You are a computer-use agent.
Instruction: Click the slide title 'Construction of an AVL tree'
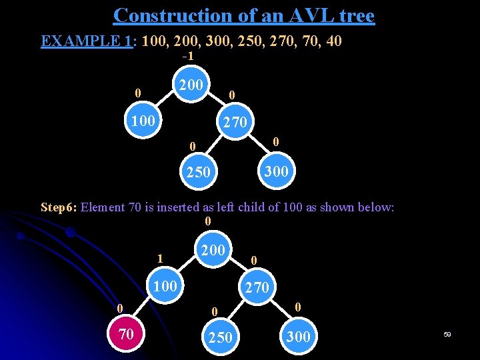click(243, 15)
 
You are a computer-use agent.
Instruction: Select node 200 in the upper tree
click(191, 85)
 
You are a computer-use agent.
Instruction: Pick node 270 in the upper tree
click(235, 122)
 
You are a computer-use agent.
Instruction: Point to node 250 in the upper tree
click(198, 172)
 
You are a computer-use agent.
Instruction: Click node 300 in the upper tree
click(275, 171)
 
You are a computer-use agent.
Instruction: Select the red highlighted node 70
click(126, 333)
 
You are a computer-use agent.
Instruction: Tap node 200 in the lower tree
click(213, 250)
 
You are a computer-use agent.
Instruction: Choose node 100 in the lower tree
click(165, 286)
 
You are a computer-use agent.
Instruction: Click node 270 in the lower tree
click(257, 287)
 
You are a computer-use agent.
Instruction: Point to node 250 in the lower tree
click(219, 337)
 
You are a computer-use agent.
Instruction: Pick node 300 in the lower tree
click(297, 337)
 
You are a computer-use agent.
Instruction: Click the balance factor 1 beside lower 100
click(159, 258)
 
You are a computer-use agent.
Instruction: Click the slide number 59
click(447, 334)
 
